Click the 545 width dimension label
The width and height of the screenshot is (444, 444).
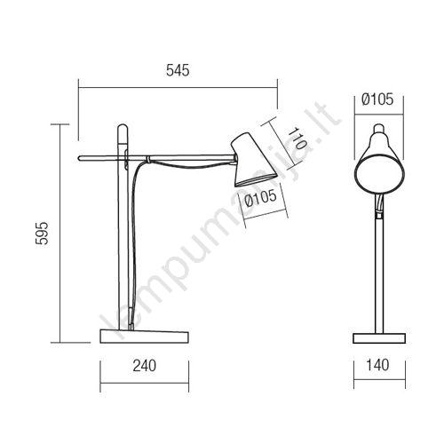coord(178,70)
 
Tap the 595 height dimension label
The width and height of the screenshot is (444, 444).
coord(42,233)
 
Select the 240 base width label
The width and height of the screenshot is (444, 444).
coord(145,366)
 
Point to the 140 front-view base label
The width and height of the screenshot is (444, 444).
coord(377,365)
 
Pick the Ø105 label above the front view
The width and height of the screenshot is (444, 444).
coord(377,99)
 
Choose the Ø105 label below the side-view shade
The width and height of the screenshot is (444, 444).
coord(261,198)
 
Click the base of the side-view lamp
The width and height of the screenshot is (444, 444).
coord(145,337)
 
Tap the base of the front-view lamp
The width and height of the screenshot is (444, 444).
coord(379,338)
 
